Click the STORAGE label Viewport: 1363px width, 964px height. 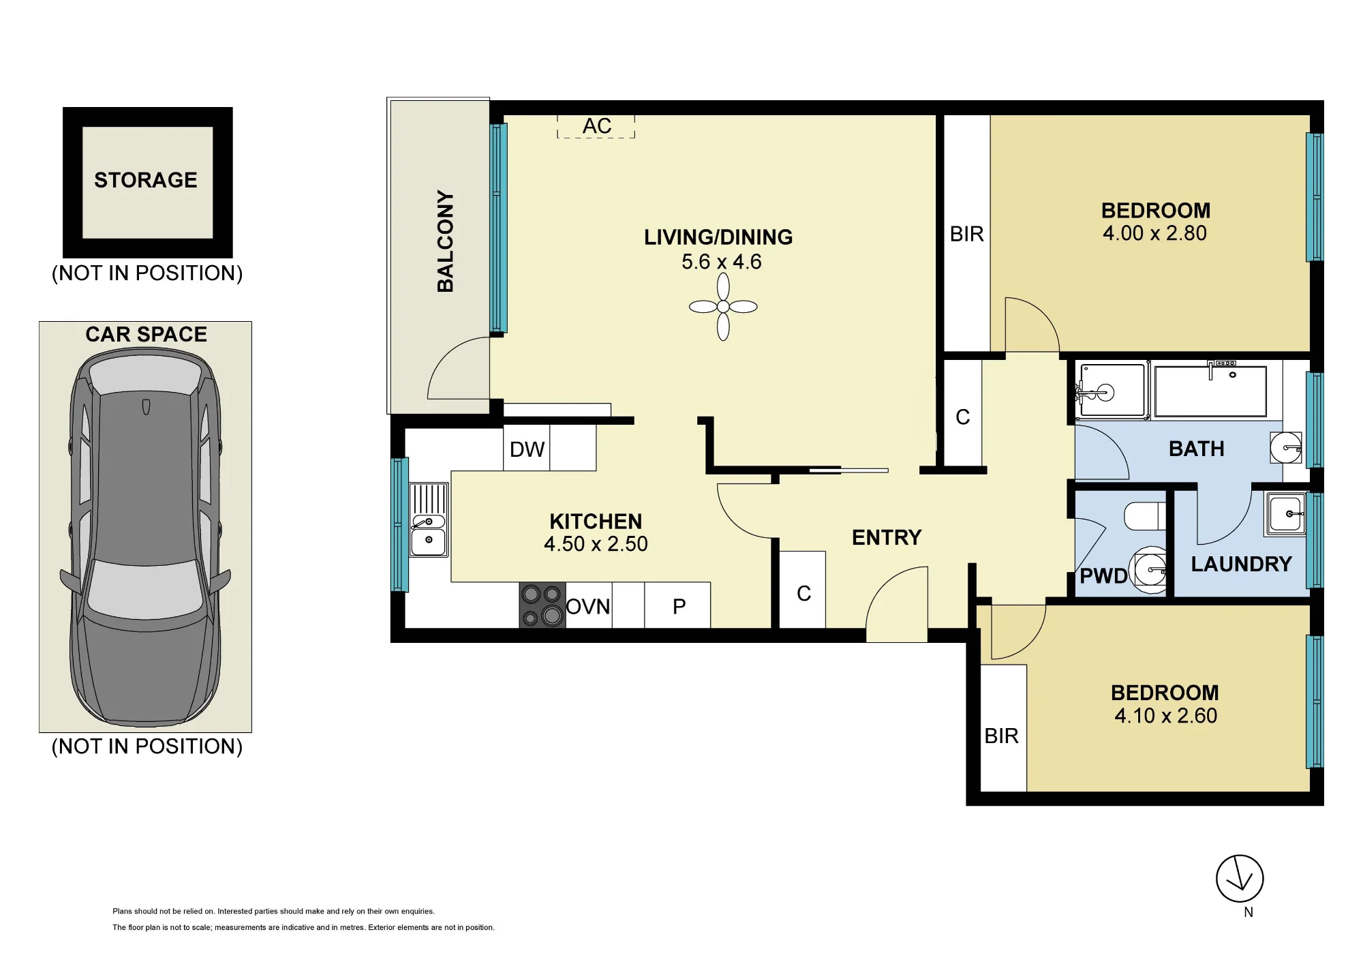coord(146,180)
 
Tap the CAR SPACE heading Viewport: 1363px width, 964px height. coord(146,334)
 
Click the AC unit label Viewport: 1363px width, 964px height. coord(597,126)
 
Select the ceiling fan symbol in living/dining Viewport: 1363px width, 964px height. coord(723,307)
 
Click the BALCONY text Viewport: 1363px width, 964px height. coord(445,241)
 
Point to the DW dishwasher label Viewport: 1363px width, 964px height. coord(527,449)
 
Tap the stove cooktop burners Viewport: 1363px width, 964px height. coord(542,605)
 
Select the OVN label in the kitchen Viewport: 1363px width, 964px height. coord(588,607)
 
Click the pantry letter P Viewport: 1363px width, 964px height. coord(679,607)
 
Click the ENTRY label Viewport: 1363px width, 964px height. coord(887,538)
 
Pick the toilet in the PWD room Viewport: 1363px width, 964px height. coord(1145,516)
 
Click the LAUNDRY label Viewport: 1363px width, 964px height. coord(1241,564)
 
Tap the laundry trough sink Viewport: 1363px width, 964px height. coord(1286,513)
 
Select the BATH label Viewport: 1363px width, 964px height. coord(1196,449)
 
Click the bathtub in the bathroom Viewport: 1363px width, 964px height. coord(1210,391)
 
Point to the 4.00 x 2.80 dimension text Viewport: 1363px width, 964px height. coord(1154,233)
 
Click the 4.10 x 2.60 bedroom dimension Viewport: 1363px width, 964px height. coord(1165,716)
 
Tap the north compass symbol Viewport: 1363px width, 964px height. coord(1240,879)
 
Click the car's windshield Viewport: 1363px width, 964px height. coord(146,587)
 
